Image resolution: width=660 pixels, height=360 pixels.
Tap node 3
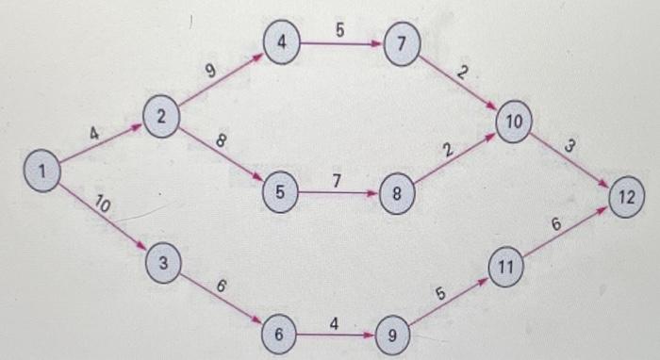163,265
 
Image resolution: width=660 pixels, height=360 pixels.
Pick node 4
282,44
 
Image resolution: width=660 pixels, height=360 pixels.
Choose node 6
279,334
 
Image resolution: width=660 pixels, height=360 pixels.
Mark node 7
401,44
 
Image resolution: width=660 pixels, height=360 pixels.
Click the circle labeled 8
397,196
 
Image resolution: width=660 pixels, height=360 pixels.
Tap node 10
514,123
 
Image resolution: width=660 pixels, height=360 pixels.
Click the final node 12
626,198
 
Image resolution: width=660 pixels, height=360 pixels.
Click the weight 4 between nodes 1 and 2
94,134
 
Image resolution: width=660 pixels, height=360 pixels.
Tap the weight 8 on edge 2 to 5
220,141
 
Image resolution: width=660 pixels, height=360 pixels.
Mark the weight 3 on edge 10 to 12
570,146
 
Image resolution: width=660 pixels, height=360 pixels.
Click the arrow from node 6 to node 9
335,334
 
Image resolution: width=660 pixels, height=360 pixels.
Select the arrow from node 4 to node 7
341,44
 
